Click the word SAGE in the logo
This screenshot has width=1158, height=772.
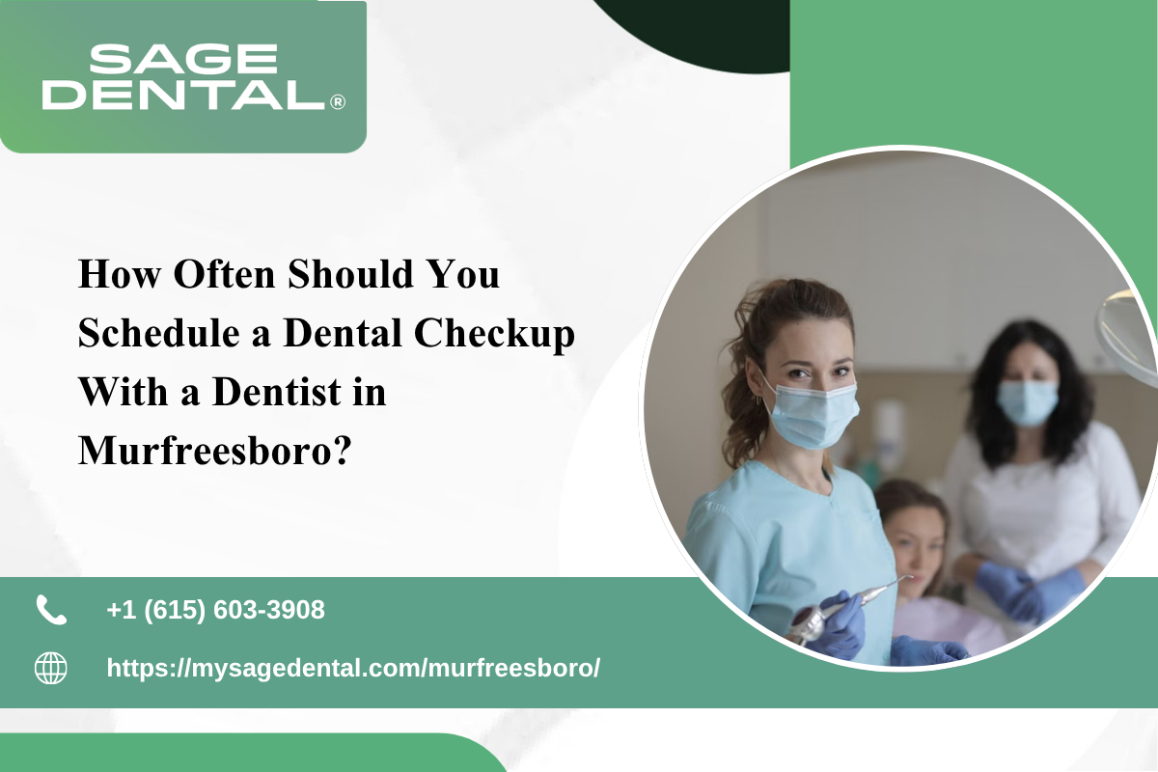click(x=183, y=58)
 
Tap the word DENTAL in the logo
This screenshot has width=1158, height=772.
click(x=183, y=95)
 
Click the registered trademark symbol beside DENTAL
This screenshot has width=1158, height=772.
click(x=338, y=102)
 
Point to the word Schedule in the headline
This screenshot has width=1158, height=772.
click(x=158, y=333)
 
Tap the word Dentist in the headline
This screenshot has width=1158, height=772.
click(x=276, y=392)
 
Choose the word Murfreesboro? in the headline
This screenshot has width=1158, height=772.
click(x=215, y=451)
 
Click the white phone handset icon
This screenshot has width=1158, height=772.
click(x=51, y=610)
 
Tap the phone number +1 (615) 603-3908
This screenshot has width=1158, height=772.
click(x=215, y=610)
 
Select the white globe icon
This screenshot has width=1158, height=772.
click(x=50, y=668)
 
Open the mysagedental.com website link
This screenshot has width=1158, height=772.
click(x=353, y=668)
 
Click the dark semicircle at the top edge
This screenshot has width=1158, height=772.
click(x=693, y=31)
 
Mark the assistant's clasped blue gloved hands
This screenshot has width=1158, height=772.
click(x=1029, y=593)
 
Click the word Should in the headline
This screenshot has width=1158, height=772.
click(x=351, y=274)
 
